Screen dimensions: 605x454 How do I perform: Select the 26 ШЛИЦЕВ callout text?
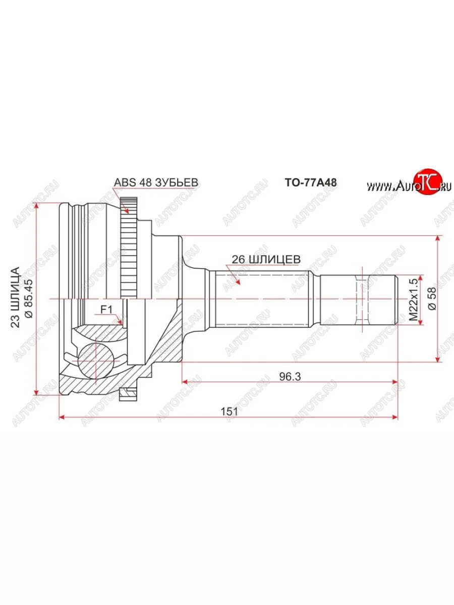[x=266, y=259]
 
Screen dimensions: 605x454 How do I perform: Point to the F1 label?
[x=106, y=309]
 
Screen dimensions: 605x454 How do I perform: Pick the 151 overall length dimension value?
[x=229, y=411]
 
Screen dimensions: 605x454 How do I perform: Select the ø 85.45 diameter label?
[x=29, y=298]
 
